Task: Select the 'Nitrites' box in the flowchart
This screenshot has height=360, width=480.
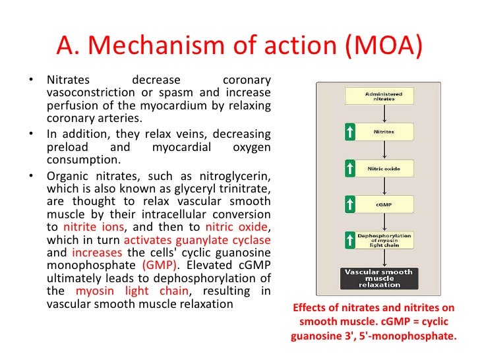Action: pos(383,133)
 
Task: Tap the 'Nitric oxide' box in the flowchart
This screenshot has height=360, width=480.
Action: pos(383,169)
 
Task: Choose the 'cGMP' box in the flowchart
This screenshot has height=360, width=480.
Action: pos(383,205)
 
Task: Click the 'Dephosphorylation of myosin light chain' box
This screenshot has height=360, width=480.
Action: pos(383,241)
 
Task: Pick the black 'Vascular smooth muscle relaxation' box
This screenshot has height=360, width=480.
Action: pos(379,278)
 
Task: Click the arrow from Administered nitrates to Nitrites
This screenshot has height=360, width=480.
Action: pos(383,114)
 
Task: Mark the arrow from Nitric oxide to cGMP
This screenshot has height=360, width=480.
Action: pos(383,187)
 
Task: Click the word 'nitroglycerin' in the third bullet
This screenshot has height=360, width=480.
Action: pos(237,176)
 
